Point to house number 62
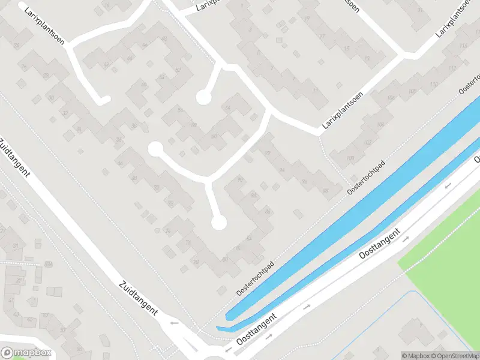point(107,64)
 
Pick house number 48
point(134,178)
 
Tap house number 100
point(350,158)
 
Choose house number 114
point(462,47)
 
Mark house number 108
point(412,91)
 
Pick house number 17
point(322,36)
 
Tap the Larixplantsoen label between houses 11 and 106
point(343,112)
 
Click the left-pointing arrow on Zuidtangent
point(175,323)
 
